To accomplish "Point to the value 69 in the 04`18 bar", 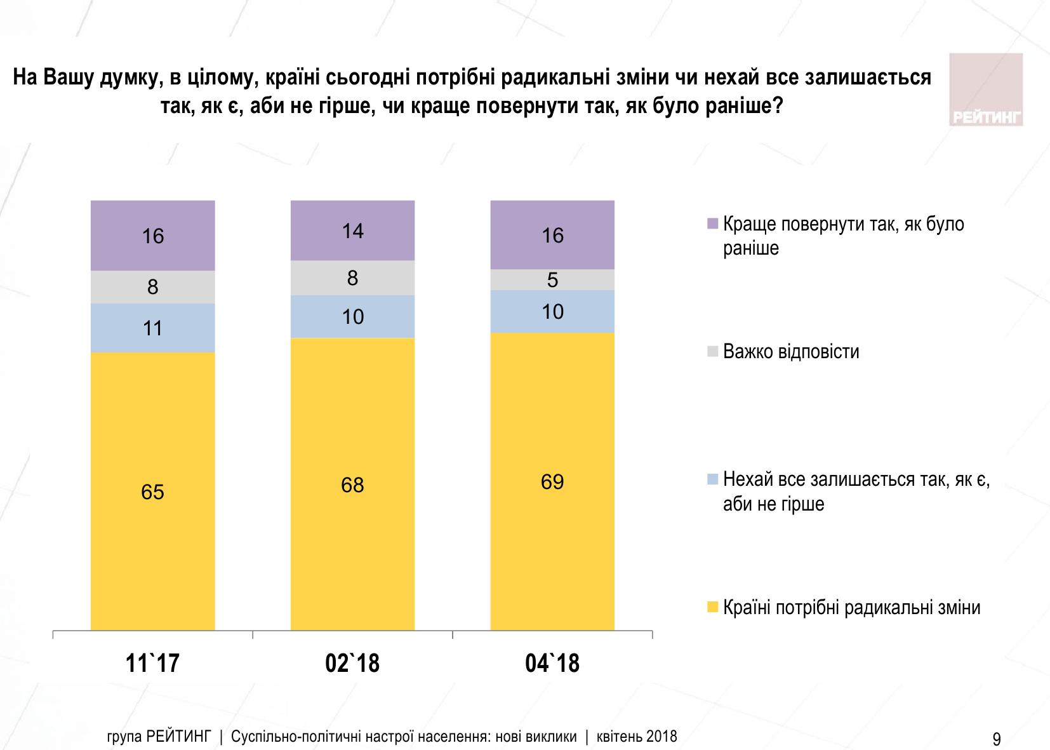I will click(552, 482).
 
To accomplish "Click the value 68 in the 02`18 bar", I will click(352, 485).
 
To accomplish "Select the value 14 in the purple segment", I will click(352, 231).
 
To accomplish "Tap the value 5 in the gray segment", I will click(552, 280).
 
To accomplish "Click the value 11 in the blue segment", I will click(152, 328).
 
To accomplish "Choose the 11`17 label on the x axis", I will click(152, 663).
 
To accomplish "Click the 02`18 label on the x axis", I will click(352, 663).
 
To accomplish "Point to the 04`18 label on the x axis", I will click(552, 663).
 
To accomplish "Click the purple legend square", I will click(712, 224).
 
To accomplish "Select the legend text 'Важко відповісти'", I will click(791, 351).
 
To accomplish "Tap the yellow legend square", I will click(712, 608).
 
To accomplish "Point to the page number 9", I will click(996, 739).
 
